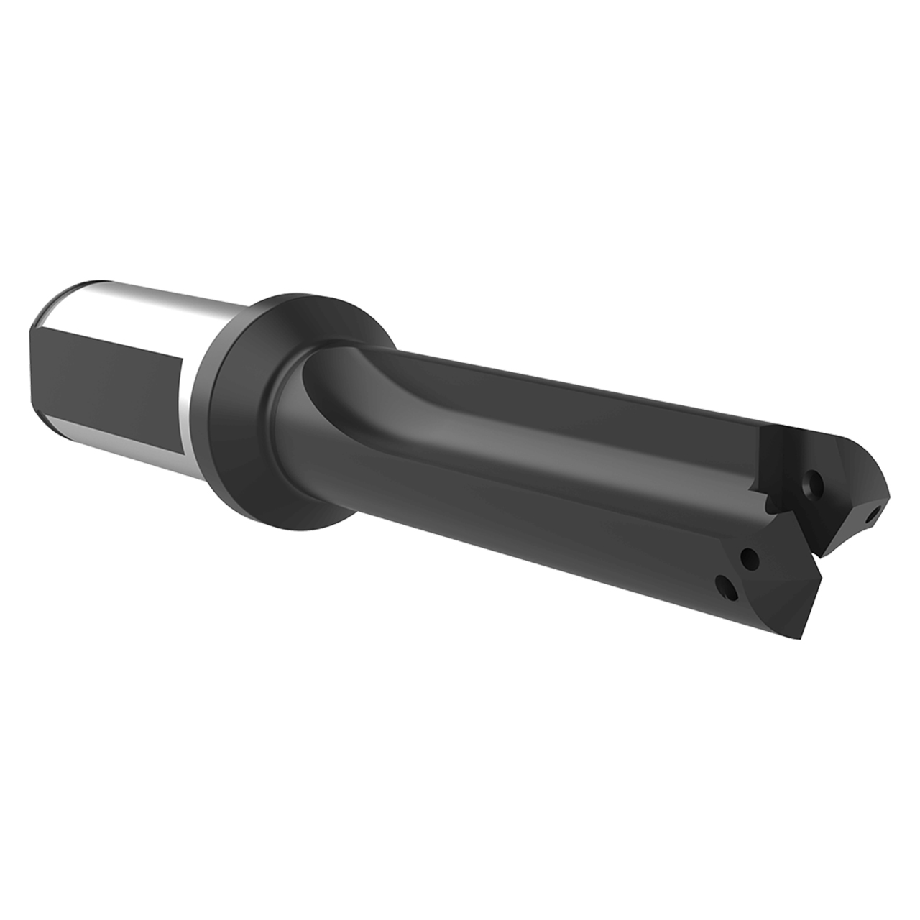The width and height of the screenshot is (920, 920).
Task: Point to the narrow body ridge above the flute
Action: point(575,381)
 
